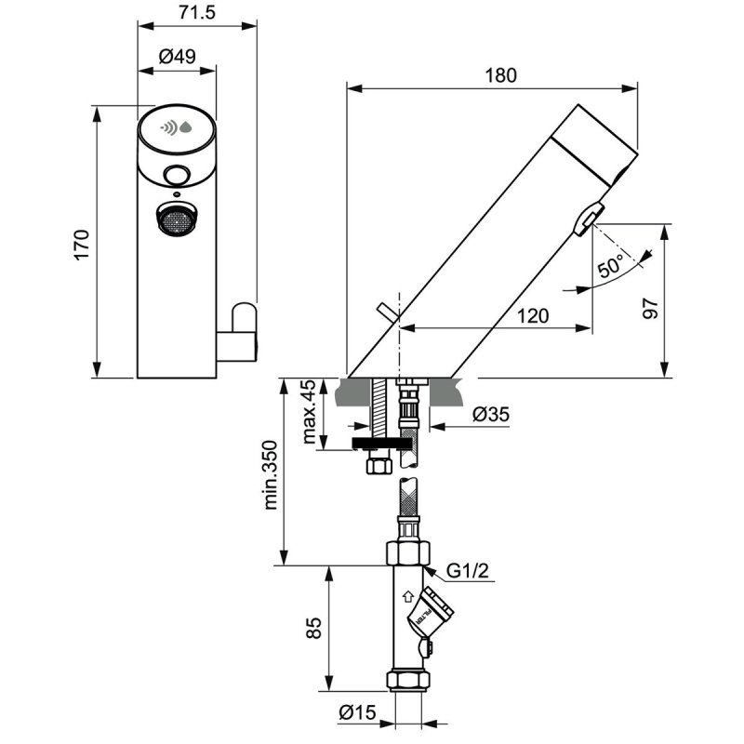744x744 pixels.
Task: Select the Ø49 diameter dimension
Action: [x=177, y=57]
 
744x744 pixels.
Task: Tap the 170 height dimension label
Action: [x=81, y=244]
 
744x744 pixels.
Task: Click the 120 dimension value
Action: [x=531, y=316]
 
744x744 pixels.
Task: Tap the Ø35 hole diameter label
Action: [x=491, y=416]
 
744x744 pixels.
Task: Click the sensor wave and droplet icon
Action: [x=177, y=127]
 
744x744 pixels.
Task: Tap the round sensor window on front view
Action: [x=176, y=173]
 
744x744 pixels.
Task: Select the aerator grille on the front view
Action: [x=175, y=221]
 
